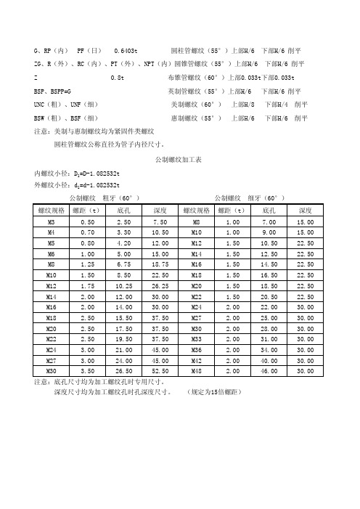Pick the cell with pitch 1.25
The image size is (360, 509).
[x=88, y=264]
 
